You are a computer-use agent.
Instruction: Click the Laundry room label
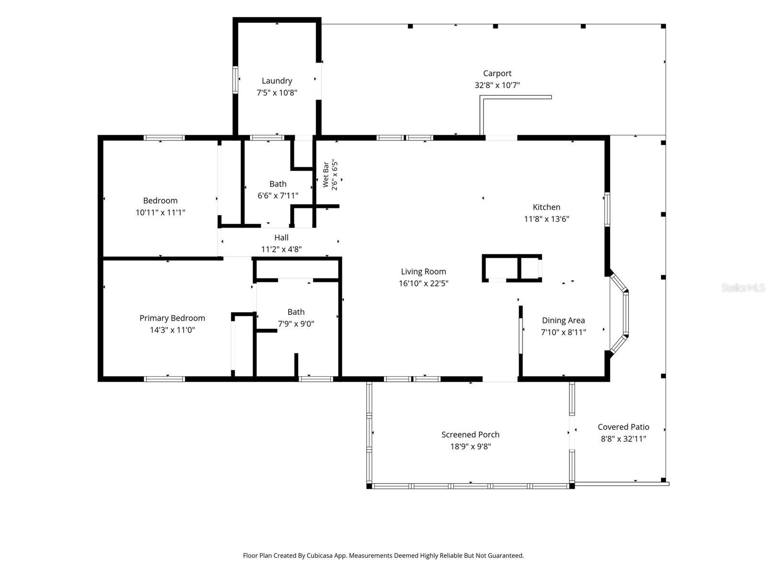(x=277, y=81)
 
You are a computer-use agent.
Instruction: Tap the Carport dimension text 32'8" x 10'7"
(x=497, y=85)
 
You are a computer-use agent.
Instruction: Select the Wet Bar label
(x=325, y=174)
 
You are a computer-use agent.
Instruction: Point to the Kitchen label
(x=546, y=207)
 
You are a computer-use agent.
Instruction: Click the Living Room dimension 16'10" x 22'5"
(x=423, y=283)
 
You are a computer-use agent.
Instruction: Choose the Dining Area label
(x=563, y=321)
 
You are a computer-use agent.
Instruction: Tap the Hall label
(x=281, y=238)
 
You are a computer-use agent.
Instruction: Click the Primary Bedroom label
(x=172, y=318)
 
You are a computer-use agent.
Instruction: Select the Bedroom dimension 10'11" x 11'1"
(x=161, y=212)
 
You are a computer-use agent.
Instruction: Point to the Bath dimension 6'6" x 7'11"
(x=278, y=195)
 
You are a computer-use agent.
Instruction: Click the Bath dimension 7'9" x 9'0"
(x=296, y=324)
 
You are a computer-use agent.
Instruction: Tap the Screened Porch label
(x=470, y=435)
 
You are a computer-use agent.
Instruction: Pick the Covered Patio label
(x=623, y=427)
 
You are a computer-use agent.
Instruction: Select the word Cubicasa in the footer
(x=319, y=555)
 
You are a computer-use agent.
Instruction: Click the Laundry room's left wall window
(x=235, y=80)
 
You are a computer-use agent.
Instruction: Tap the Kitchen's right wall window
(x=607, y=209)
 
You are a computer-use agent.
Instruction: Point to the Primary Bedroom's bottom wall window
(x=164, y=379)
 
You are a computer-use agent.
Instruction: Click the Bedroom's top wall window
(x=164, y=138)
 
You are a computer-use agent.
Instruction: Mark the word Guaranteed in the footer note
(x=507, y=555)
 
